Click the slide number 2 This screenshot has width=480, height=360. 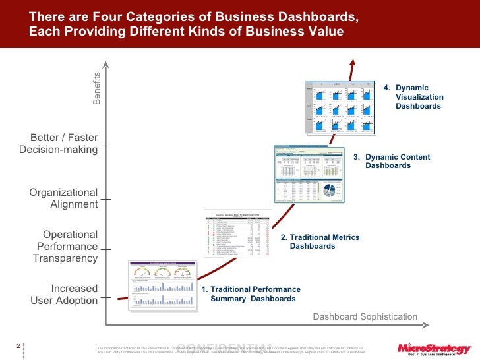[x=19, y=345]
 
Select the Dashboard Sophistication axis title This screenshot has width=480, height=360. [x=365, y=317]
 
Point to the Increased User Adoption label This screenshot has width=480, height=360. [x=64, y=295]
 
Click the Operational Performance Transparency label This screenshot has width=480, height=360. [x=65, y=247]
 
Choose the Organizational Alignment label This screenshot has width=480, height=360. [x=63, y=198]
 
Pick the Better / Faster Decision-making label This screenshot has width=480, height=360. [x=59, y=144]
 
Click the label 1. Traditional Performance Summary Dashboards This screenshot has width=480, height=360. [x=251, y=294]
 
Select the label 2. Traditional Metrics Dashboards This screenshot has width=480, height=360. [x=320, y=241]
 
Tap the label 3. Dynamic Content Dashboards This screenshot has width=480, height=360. [x=392, y=161]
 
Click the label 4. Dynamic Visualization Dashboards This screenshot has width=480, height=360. [x=419, y=96]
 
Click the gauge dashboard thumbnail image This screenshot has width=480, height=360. [x=162, y=285]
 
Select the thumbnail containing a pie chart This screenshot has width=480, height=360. [x=310, y=173]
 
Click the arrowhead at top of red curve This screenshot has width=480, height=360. [x=353, y=61]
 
